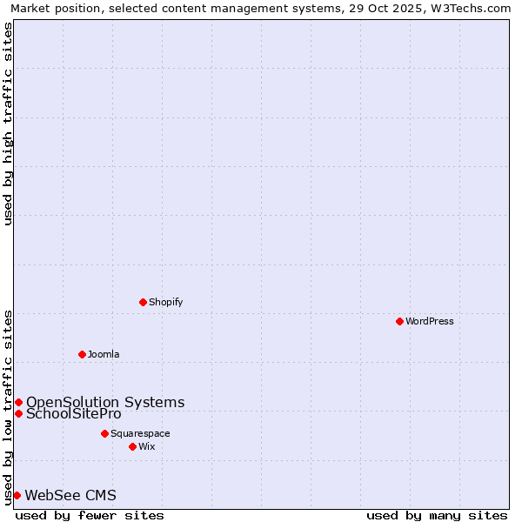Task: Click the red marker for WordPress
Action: click(x=399, y=321)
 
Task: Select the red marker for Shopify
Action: click(x=143, y=302)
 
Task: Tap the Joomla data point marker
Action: click(x=82, y=354)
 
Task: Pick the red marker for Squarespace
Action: click(x=104, y=433)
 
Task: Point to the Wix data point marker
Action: click(x=132, y=446)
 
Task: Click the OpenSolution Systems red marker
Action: click(x=18, y=402)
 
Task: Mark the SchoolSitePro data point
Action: click(x=18, y=413)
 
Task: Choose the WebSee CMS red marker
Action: click(x=17, y=495)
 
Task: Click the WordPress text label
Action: click(x=430, y=321)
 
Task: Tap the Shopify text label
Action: click(x=165, y=302)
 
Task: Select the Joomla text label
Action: click(x=104, y=354)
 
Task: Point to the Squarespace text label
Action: click(x=140, y=433)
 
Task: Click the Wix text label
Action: click(x=146, y=446)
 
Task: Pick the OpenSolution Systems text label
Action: click(x=105, y=402)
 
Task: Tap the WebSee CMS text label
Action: click(x=70, y=495)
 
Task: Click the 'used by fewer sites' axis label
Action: click(x=90, y=515)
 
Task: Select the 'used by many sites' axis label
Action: click(x=437, y=515)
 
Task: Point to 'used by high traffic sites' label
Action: click(x=8, y=124)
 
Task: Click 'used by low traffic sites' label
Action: click(x=8, y=407)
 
